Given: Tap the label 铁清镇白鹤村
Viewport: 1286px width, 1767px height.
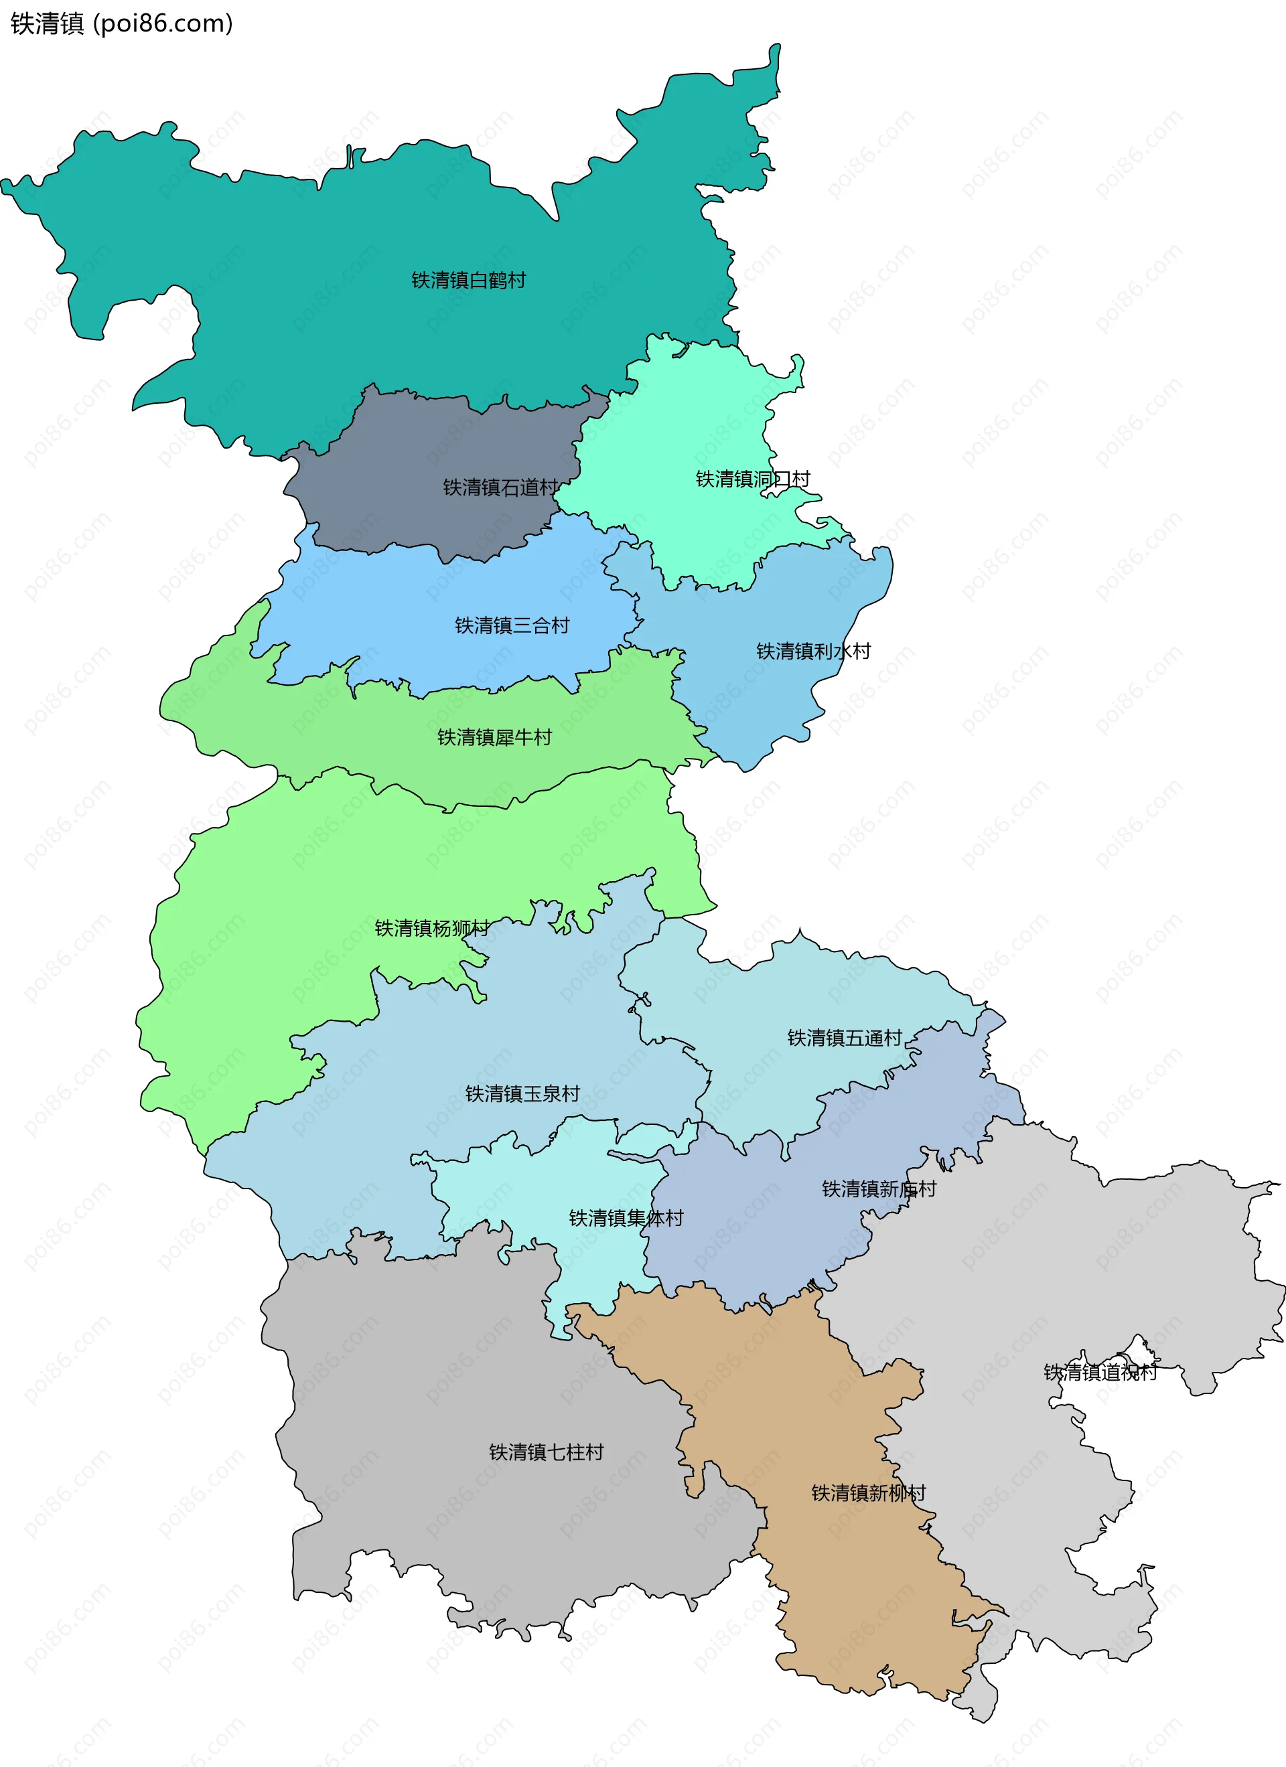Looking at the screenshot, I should pyautogui.click(x=468, y=281).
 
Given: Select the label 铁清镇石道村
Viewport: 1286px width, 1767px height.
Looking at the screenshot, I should pyautogui.click(x=500, y=487).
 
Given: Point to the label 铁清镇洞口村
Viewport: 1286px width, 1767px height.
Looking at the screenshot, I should pyautogui.click(x=752, y=479).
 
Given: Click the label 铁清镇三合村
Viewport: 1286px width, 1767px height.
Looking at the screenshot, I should pyautogui.click(x=512, y=625).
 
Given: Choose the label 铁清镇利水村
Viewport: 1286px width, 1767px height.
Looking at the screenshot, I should pyautogui.click(x=813, y=651).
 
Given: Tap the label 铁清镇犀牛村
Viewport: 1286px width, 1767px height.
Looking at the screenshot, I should pyautogui.click(x=494, y=737).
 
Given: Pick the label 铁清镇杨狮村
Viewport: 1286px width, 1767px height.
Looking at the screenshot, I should pyautogui.click(x=432, y=928).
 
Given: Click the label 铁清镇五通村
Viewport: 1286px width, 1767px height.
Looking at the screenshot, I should pyautogui.click(x=844, y=1038).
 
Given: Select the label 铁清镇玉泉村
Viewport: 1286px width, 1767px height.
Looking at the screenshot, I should pyautogui.click(x=522, y=1094).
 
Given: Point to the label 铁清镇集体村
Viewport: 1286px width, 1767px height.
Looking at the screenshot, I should pyautogui.click(x=626, y=1218).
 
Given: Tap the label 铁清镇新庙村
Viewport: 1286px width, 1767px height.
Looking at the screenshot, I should pyautogui.click(x=878, y=1189).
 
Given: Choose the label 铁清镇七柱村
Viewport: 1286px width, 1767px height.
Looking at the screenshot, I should pyautogui.click(x=546, y=1452).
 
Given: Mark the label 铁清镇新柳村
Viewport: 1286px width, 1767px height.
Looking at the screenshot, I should pyautogui.click(x=868, y=1492).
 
